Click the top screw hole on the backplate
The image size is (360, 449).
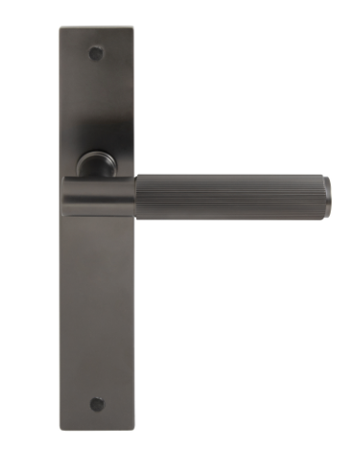pyautogui.click(x=96, y=53)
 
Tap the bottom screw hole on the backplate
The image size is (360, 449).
pyautogui.click(x=96, y=403)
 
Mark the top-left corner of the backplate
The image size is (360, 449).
pyautogui.click(x=61, y=28)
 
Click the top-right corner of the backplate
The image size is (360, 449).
pyautogui.click(x=132, y=28)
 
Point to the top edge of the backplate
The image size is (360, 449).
pyautogui.click(x=97, y=27)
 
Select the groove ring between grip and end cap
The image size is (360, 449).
pyautogui.click(x=304, y=193)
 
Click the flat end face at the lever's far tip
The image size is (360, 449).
pyautogui.click(x=328, y=193)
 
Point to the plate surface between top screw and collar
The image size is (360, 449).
pyautogui.click(x=97, y=110)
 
